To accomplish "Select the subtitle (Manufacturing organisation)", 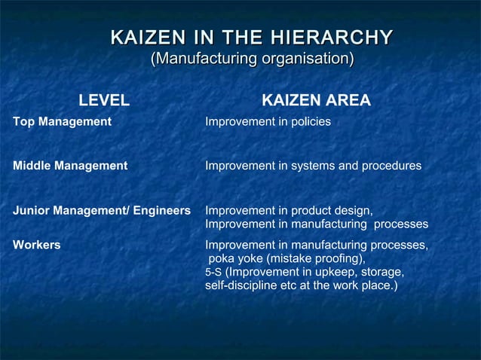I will click(253, 58).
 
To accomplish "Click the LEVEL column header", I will click(104, 100).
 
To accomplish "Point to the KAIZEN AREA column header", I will click(315, 100).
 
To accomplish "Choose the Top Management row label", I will click(62, 121).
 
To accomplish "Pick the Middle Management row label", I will click(70, 166).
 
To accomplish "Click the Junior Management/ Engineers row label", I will click(102, 210).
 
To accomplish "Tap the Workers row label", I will click(37, 245).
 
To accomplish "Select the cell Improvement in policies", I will click(268, 121).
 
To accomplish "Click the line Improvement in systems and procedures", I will click(313, 166).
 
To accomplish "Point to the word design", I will click(354, 210).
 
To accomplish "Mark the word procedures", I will click(394, 166).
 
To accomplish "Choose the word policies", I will click(311, 121).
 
